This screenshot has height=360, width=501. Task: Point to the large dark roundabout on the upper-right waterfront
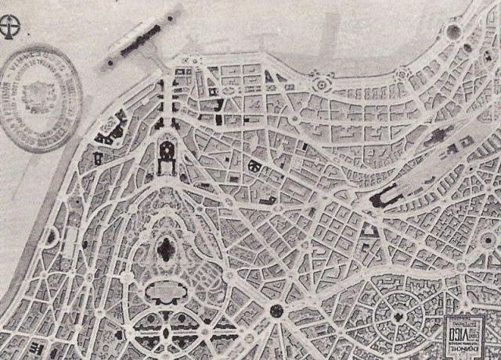coord(453,32)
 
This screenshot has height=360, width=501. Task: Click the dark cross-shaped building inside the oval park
coord(165,250)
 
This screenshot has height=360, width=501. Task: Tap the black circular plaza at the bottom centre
coord(276,311)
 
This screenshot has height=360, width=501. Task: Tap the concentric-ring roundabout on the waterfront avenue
coord(319,83)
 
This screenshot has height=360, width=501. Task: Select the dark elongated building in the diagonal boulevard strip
coord(440,135)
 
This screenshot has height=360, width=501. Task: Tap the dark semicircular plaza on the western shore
coord(51,234)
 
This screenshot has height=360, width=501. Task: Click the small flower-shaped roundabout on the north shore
coord(402,73)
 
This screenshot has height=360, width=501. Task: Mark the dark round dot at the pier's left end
coord(112,60)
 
